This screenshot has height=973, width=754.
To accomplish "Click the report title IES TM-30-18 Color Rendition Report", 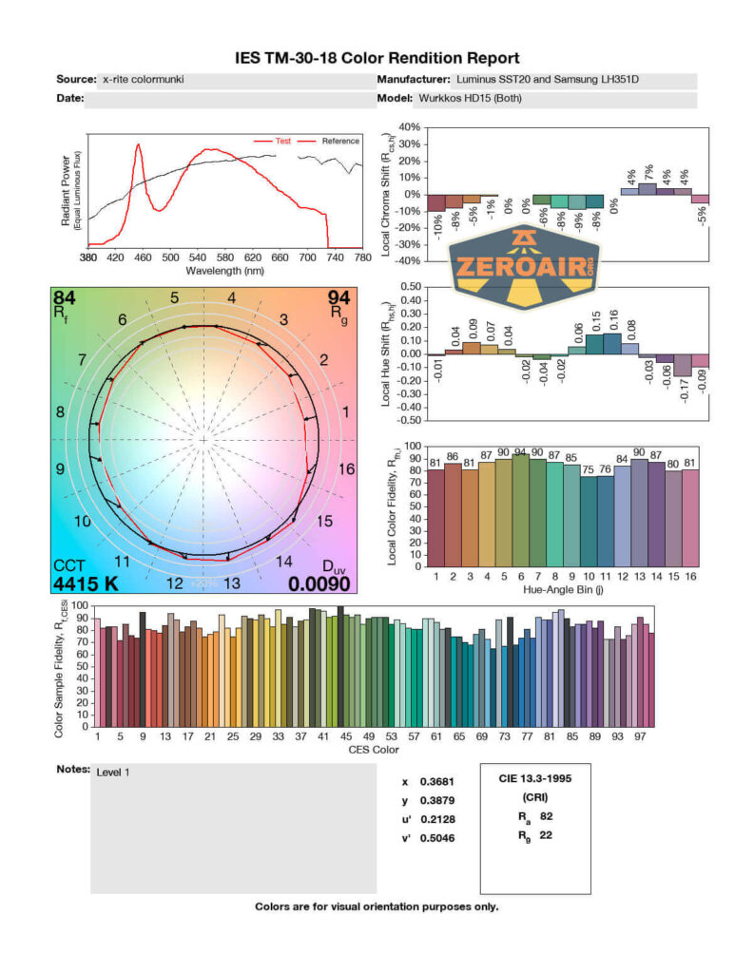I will point(377,59).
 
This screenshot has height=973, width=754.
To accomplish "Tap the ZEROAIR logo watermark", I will point(523,269).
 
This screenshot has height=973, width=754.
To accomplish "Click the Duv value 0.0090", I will point(319,583).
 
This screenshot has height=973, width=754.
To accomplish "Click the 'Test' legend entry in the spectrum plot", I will point(282,141).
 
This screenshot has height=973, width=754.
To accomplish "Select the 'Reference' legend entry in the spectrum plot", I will point(339,141).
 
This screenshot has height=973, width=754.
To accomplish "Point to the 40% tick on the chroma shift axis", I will point(408,127).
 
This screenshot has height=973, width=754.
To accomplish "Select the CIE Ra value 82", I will point(545,816).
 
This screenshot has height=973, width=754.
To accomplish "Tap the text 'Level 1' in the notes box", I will point(113,772).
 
